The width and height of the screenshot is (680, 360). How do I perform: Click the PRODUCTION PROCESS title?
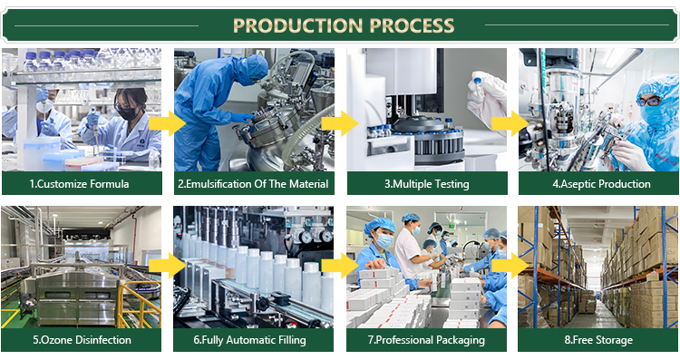click(x=344, y=25)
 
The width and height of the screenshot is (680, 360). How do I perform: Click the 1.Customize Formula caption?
click(x=80, y=184)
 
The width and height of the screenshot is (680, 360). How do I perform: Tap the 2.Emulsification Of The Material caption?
click(x=253, y=184)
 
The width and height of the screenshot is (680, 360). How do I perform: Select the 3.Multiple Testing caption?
click(x=427, y=184)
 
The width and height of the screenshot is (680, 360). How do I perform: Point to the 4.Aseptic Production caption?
click(x=601, y=184)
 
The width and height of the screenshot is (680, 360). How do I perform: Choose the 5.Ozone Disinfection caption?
click(x=82, y=340)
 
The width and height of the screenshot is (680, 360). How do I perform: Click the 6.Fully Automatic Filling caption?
click(x=250, y=340)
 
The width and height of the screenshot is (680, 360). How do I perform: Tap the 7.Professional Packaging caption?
click(x=426, y=340)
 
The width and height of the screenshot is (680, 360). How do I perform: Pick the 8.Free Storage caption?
click(x=598, y=340)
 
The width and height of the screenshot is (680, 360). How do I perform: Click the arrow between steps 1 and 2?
click(x=168, y=123)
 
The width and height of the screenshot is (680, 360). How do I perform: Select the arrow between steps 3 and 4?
click(x=510, y=123)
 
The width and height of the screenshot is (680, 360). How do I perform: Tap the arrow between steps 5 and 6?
click(x=168, y=266)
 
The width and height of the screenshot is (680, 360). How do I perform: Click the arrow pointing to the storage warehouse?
click(x=510, y=266)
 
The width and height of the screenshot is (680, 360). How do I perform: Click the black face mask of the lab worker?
click(x=128, y=113)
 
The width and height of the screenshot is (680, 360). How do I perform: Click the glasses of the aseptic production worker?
click(x=649, y=102)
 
